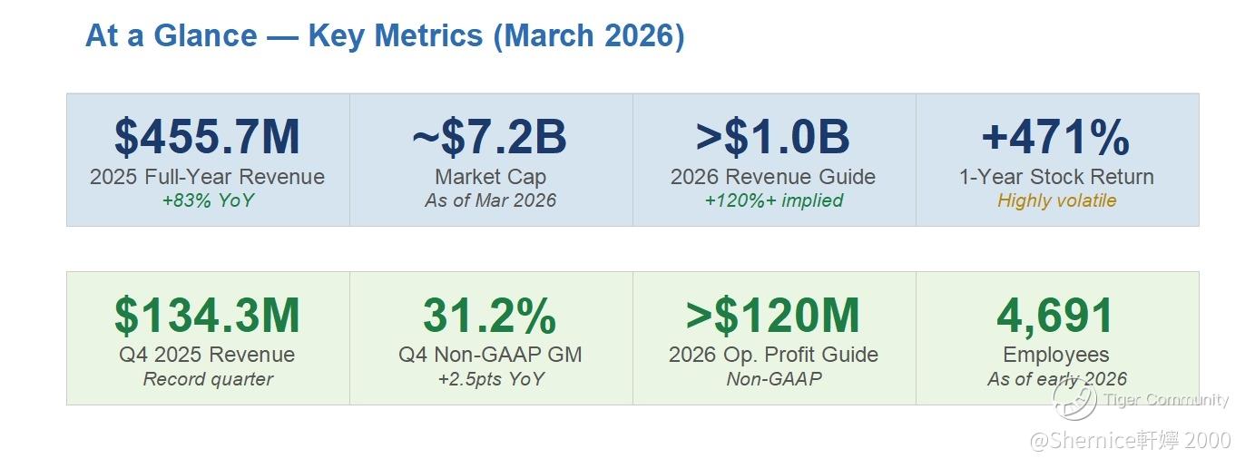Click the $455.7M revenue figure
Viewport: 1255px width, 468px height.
207,138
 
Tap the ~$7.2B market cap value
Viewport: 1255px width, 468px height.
490,138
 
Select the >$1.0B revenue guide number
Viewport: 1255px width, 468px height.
773,138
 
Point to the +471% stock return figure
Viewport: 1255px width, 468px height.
1056,138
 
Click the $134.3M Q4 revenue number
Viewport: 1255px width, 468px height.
207,316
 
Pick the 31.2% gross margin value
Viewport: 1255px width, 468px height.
490,316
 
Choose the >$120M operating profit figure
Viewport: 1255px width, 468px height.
773,316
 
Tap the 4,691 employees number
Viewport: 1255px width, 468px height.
1056,316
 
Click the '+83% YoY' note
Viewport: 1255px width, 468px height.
207,200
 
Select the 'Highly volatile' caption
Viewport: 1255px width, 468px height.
1056,200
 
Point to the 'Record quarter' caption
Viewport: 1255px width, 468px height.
207,379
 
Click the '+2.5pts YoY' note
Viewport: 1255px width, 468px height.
490,379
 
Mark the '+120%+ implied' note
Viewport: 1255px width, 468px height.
773,200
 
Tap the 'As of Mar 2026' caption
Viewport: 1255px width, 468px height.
490,200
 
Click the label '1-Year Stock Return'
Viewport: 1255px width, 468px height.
1056,177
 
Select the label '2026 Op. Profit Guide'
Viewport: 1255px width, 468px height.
773,355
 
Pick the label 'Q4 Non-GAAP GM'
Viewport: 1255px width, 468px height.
490,355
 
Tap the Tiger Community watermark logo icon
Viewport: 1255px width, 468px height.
1074,398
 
